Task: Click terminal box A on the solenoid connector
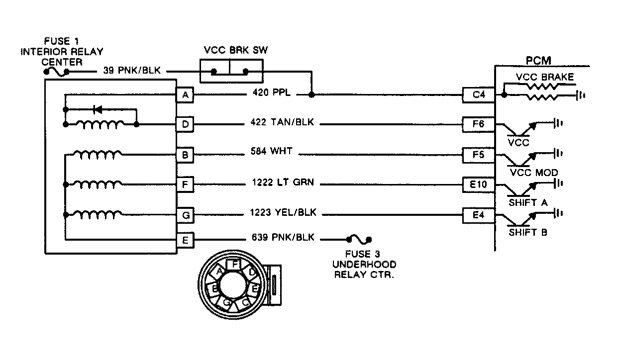pos(185,95)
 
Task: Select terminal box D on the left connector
pos(185,124)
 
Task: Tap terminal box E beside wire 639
pos(185,240)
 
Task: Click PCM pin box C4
pos(478,95)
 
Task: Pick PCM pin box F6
pos(478,124)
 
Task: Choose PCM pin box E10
pos(478,185)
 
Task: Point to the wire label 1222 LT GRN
pos(283,183)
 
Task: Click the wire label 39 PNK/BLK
pos(132,71)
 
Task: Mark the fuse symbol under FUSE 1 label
pos(57,73)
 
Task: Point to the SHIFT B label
pos(527,232)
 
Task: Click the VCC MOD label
pos(534,173)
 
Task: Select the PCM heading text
pos(538,60)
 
